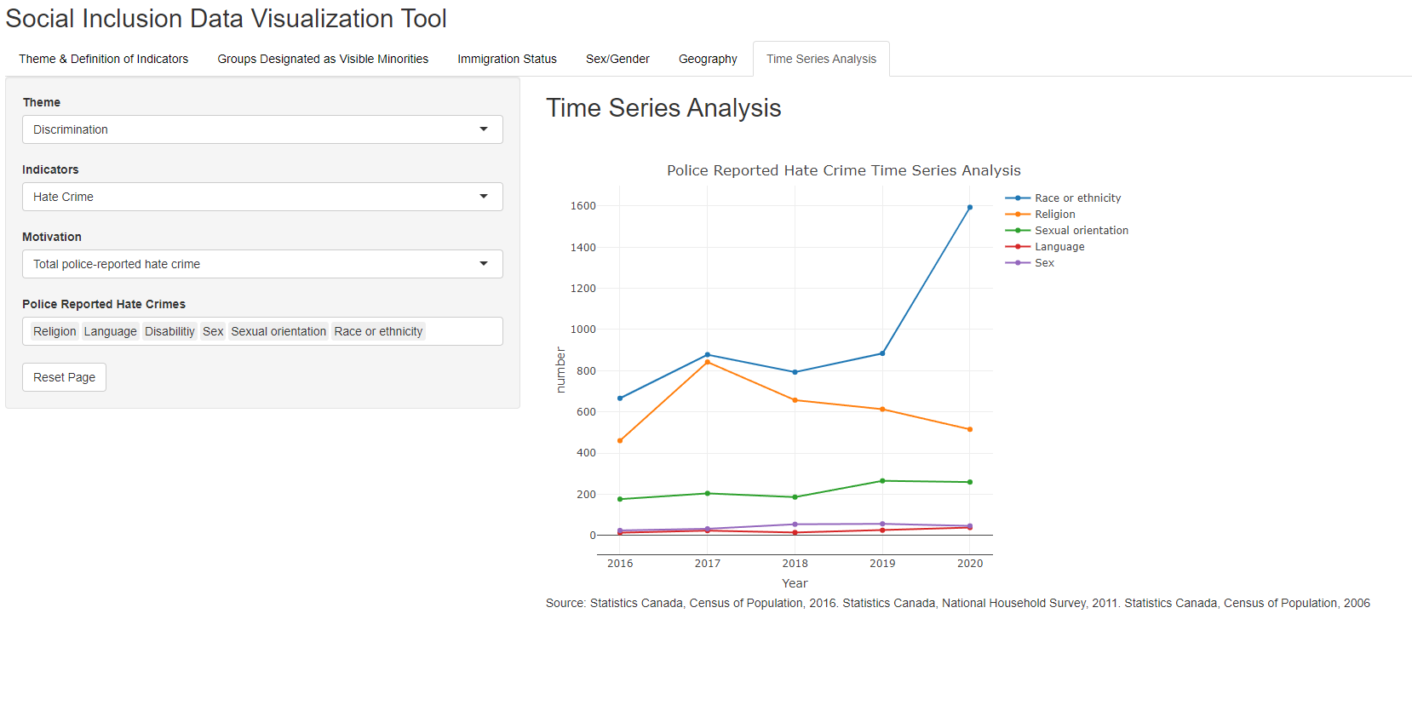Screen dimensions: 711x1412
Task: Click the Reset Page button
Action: [x=64, y=377]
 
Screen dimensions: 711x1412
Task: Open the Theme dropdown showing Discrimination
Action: [x=262, y=129]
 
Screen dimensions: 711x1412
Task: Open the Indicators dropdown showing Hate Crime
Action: [x=262, y=197]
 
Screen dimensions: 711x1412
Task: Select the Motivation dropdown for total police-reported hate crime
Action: [x=262, y=264]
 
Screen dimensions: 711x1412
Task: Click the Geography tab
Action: [x=708, y=59]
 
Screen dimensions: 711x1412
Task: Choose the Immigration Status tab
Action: [x=507, y=59]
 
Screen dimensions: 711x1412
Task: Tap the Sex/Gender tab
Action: [x=617, y=59]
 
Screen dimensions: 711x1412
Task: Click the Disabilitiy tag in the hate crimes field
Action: [x=169, y=331]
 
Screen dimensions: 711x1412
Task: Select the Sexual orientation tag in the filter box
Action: [x=278, y=331]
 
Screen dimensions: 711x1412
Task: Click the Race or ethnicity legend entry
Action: [x=1077, y=198]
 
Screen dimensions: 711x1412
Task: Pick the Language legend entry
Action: [x=1059, y=247]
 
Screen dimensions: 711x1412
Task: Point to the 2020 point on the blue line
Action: [x=970, y=207]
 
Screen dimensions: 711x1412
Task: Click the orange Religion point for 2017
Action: [x=708, y=362]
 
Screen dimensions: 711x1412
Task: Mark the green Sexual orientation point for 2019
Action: [x=882, y=481]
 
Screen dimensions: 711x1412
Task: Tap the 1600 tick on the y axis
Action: [x=583, y=206]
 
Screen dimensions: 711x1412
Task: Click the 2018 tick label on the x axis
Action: [x=795, y=564]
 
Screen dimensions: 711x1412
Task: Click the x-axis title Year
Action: [x=795, y=583]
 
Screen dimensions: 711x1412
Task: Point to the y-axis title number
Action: [x=560, y=370]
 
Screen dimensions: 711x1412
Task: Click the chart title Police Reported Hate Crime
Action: [x=843, y=170]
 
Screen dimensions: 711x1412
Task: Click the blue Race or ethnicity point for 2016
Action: [x=620, y=399]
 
